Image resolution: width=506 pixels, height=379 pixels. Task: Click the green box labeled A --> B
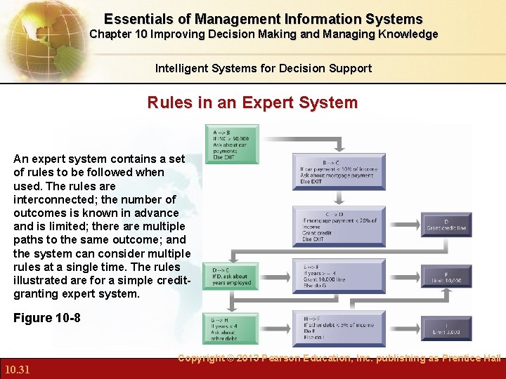tap(231, 144)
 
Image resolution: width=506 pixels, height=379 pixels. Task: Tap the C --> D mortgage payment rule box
tap(339, 226)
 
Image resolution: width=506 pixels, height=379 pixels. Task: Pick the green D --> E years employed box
tap(231, 277)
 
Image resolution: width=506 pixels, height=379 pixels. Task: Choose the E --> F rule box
tap(339, 277)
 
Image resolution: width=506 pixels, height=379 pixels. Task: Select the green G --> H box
tap(231, 328)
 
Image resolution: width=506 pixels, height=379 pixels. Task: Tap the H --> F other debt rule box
tap(339, 328)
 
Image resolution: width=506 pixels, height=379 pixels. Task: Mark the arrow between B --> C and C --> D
tap(339, 199)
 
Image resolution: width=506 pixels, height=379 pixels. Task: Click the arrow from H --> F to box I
tap(403, 328)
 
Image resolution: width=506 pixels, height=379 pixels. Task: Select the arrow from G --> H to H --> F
tap(276, 328)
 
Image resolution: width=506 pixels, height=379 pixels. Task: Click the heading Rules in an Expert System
tap(252, 102)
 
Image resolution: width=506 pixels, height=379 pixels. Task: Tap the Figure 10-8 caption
tap(47, 318)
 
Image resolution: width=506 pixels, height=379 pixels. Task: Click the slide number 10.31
tap(17, 370)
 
